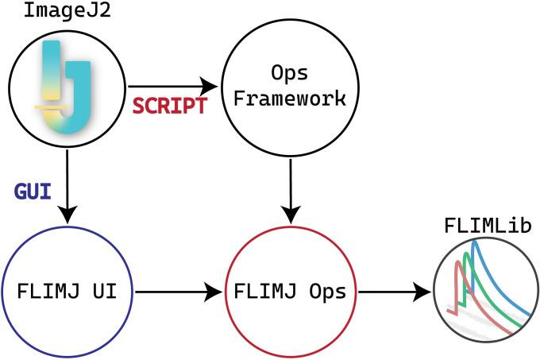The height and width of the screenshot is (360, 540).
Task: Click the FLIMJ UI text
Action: click(x=67, y=291)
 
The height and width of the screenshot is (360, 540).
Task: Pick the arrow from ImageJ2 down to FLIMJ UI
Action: click(x=67, y=187)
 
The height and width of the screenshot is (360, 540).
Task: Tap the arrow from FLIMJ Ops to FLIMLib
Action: click(x=394, y=292)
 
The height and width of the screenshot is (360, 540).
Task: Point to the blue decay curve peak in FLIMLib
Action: click(x=474, y=245)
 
